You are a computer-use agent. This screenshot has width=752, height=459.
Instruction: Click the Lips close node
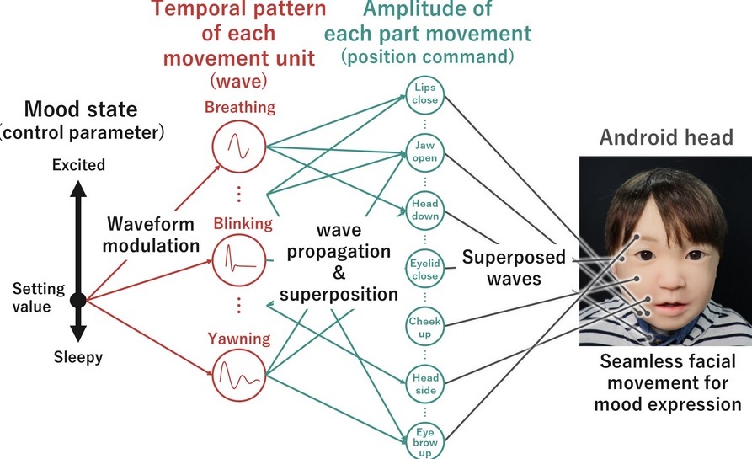(424, 93)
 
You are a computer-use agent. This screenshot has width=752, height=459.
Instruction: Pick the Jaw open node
(424, 152)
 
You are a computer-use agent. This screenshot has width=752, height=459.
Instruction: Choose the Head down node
(424, 209)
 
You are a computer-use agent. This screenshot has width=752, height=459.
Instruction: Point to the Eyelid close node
(424, 266)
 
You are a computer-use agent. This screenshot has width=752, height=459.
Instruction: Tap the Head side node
(424, 382)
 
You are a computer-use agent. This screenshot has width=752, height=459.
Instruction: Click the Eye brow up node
(424, 438)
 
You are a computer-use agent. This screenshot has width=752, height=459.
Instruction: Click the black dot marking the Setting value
(77, 299)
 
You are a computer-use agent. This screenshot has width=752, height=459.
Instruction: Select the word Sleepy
(77, 357)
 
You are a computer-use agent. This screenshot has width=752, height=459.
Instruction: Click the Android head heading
(664, 137)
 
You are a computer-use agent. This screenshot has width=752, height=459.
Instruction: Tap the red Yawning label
(240, 339)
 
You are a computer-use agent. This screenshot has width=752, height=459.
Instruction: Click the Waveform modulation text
(152, 235)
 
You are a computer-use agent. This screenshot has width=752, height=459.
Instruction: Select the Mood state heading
(80, 109)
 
